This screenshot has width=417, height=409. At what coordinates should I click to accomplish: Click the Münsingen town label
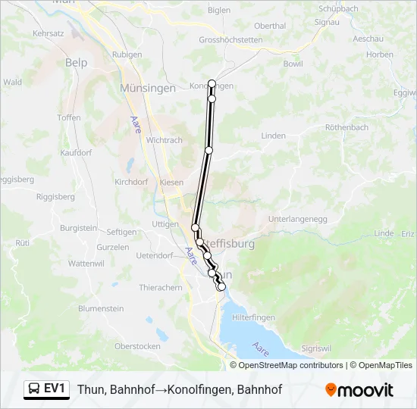tap(147, 89)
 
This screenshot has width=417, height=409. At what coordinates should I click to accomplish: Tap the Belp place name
tap(77, 63)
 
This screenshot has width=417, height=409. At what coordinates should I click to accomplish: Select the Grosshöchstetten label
tap(230, 40)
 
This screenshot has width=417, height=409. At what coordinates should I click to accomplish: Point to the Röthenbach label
tap(346, 127)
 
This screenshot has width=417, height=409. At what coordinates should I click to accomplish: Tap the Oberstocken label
tap(137, 345)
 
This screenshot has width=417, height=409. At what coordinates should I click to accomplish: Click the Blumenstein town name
tap(101, 309)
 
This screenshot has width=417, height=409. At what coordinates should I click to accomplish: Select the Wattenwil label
tap(86, 263)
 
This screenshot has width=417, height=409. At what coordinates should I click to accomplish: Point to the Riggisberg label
tap(55, 196)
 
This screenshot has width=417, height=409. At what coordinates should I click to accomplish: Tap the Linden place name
tap(273, 136)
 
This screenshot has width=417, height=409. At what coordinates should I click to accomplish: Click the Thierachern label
tap(161, 288)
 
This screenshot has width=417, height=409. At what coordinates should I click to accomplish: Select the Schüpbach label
tap(338, 9)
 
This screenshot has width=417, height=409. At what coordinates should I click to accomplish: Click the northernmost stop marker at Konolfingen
tap(212, 84)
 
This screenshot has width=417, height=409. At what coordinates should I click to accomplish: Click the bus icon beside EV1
tap(35, 389)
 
